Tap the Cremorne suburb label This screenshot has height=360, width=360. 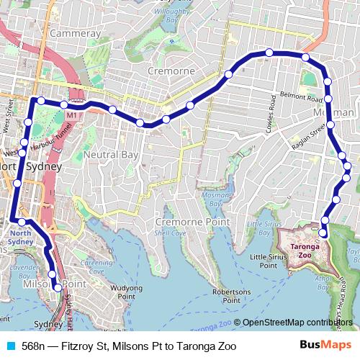171,71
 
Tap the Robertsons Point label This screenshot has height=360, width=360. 231,295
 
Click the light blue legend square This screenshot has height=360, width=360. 10,346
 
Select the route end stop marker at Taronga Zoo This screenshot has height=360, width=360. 323,233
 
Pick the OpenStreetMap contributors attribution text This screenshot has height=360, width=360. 297,323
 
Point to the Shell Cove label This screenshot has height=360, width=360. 171,233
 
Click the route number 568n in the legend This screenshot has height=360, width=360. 33,346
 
